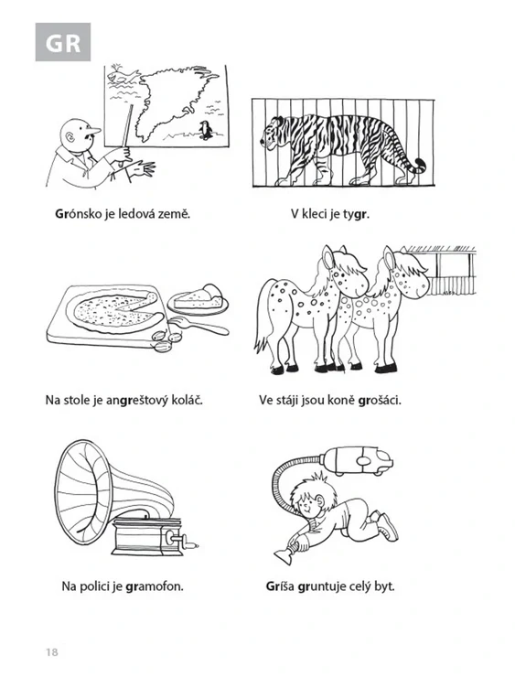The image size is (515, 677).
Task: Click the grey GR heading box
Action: (63, 42)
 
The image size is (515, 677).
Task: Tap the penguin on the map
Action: (206, 130)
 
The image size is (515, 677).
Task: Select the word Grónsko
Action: (78, 214)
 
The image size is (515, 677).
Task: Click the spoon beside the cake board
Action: (198, 325)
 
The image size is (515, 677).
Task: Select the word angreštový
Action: (134, 400)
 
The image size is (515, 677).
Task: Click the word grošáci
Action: (380, 400)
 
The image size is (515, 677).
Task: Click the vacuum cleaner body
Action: (358, 461)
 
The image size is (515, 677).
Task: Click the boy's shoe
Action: (388, 526)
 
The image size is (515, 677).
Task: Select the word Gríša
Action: (280, 586)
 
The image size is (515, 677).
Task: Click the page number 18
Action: (52, 652)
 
